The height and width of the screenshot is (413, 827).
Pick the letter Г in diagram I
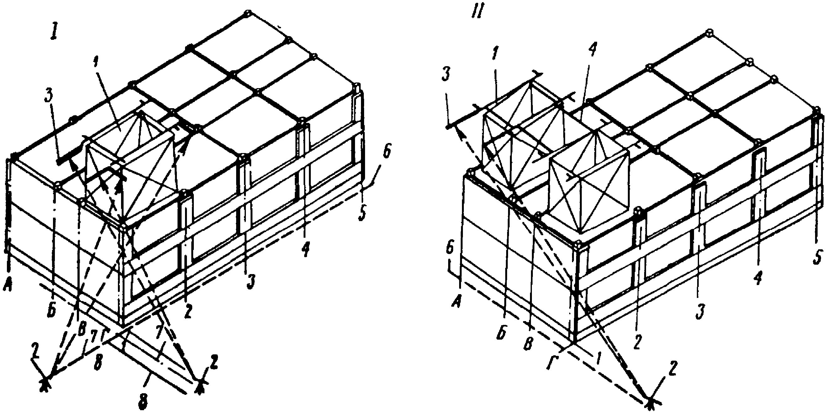pos(105,334)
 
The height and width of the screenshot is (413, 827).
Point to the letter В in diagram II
pos(529,344)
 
